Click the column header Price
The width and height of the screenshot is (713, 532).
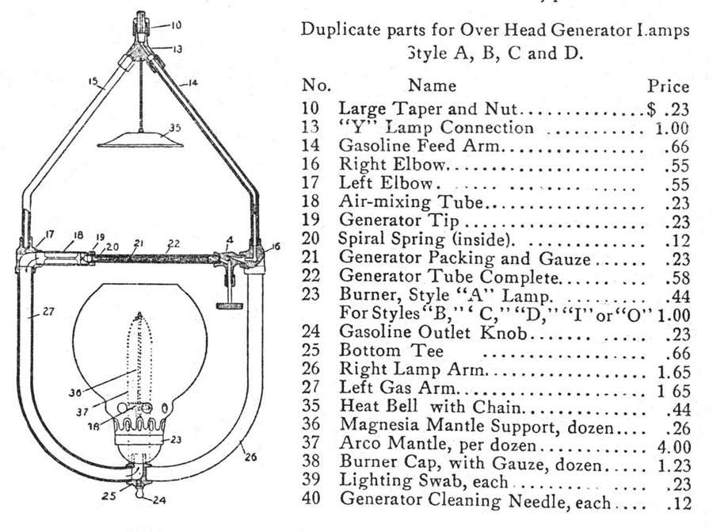point(668,86)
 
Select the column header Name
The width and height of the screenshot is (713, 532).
point(432,85)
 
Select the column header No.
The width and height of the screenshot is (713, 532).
point(316,85)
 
